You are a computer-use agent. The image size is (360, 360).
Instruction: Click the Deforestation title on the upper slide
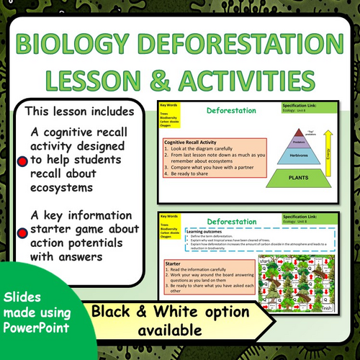230,112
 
